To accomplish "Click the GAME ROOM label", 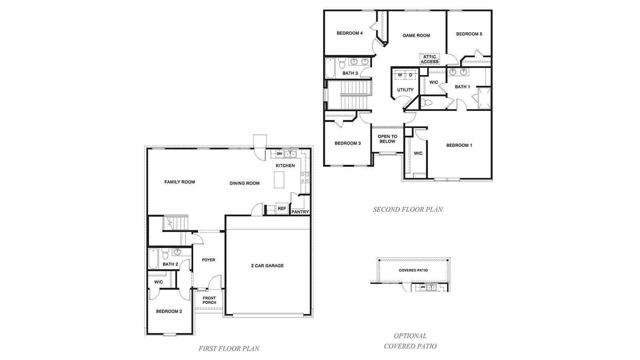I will [416, 36].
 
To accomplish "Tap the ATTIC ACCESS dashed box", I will [429, 59].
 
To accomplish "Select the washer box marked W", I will [400, 75].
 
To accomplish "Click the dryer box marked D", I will [410, 75].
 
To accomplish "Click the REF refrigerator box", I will [282, 208].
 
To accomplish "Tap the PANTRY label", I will [300, 212].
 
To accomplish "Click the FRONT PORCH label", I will [209, 300].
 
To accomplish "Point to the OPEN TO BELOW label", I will [387, 139].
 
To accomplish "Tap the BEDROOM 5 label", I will [469, 34].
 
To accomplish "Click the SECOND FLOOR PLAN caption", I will [408, 209].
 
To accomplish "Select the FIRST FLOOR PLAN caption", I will [229, 348].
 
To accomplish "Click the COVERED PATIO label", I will [413, 270].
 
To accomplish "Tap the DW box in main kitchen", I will [280, 154].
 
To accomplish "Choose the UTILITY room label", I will [405, 90].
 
